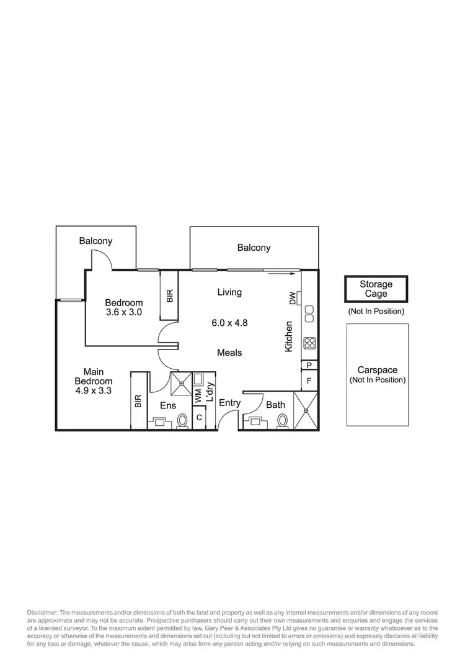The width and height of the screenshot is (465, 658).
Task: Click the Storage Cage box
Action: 376,289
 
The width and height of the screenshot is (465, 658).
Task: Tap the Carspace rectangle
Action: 377,374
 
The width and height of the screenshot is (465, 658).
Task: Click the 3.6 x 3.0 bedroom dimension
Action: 123,312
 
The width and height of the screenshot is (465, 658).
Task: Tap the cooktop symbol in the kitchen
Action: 309,343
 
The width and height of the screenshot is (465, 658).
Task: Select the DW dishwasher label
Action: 292,299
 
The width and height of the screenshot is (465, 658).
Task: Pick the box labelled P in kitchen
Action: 309,365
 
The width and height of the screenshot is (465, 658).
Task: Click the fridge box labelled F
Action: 309,379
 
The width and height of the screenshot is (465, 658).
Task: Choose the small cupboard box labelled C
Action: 199,418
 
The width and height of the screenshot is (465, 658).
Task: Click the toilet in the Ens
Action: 183,421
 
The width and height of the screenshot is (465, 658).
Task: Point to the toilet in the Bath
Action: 282,421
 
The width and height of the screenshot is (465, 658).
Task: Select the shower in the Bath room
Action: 306,410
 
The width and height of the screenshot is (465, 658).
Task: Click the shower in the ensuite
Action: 181,383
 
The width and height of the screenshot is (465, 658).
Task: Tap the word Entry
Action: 229,403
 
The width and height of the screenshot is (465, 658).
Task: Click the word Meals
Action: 229,353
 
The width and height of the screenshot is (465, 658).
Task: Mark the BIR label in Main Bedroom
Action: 138,402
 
